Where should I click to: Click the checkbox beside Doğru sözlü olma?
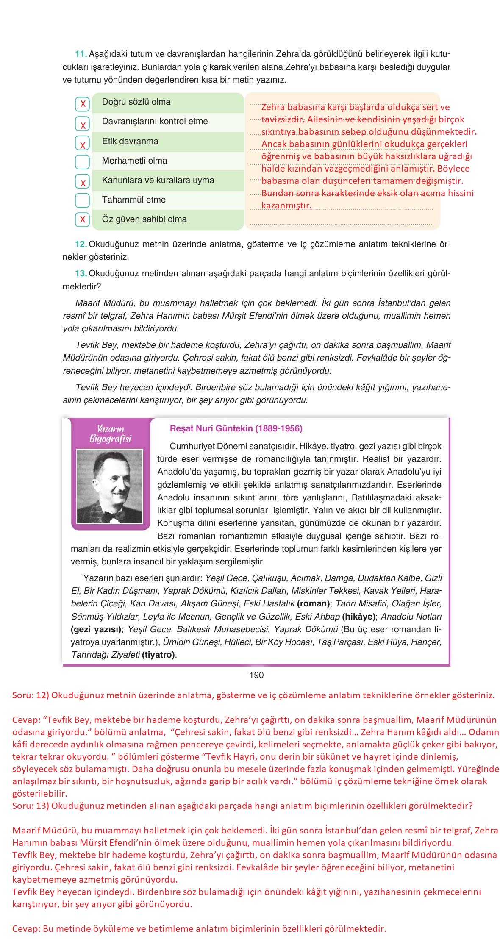pos(82,104)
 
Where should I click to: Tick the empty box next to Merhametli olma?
pos(82,161)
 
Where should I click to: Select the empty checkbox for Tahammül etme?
pos(82,200)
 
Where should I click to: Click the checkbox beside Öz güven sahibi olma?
pos(82,219)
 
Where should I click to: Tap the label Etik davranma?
pos(130,141)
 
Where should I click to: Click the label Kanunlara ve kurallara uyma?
pos(158,180)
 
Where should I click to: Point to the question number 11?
pos(81,54)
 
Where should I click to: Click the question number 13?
pos(81,273)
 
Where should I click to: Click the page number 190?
pos(256,675)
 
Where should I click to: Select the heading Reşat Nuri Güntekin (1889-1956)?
pos(236,428)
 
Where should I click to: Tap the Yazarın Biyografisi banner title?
pos(110,433)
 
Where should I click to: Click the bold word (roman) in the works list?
pos(314,603)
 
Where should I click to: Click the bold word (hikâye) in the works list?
pos(359,617)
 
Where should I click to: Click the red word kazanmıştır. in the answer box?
pos(286,206)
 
